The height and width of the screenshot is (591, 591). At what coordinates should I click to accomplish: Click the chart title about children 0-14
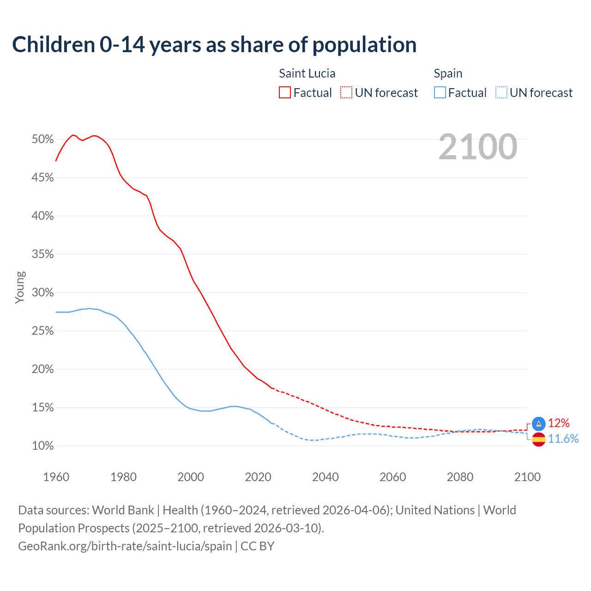pyautogui.click(x=214, y=45)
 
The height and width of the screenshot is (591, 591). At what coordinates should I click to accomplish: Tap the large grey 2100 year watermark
pyautogui.click(x=477, y=147)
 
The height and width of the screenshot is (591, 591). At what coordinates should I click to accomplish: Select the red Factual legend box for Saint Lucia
pyautogui.click(x=285, y=93)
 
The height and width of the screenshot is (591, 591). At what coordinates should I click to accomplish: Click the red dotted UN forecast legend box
pyautogui.click(x=346, y=93)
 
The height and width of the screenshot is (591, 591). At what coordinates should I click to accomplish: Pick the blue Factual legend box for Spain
pyautogui.click(x=440, y=93)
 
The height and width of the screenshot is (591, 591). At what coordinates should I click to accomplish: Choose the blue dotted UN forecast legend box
pyautogui.click(x=501, y=93)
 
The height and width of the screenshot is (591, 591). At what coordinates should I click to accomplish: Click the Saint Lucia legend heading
pyautogui.click(x=307, y=73)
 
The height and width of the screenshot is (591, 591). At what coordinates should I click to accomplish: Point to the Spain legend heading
pyautogui.click(x=448, y=73)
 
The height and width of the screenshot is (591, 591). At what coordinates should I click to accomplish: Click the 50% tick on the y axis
pyautogui.click(x=42, y=139)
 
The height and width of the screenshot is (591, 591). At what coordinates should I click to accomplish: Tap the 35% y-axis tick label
pyautogui.click(x=42, y=254)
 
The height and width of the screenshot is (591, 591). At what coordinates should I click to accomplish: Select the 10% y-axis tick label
pyautogui.click(x=42, y=446)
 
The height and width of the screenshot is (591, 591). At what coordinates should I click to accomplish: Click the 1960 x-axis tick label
pyautogui.click(x=56, y=477)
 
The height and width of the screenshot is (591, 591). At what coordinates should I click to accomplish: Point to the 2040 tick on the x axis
pyautogui.click(x=325, y=477)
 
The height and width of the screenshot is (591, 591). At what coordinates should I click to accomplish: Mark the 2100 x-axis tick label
pyautogui.click(x=527, y=477)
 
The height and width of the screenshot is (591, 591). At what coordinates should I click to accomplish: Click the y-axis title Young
pyautogui.click(x=20, y=287)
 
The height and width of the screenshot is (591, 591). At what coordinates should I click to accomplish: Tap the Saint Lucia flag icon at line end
pyautogui.click(x=538, y=423)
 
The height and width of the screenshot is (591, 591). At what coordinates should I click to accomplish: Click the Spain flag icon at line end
pyautogui.click(x=538, y=440)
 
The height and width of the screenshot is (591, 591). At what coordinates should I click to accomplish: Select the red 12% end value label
pyautogui.click(x=559, y=423)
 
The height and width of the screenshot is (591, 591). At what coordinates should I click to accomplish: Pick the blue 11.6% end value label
pyautogui.click(x=563, y=439)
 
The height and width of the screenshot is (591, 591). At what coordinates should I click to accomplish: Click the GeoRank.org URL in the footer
pyautogui.click(x=125, y=546)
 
